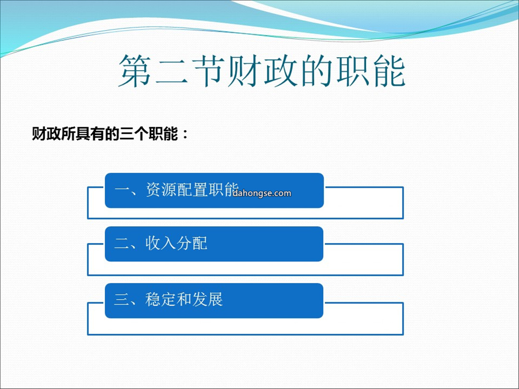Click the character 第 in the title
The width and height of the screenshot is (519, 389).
(x=135, y=71)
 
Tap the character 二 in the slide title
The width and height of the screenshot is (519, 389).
(x=171, y=71)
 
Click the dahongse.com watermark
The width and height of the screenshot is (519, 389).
(x=262, y=193)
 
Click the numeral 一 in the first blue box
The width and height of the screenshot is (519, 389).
(x=123, y=190)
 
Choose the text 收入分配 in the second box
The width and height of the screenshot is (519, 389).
(x=176, y=243)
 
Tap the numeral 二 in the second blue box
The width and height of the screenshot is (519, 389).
(x=123, y=244)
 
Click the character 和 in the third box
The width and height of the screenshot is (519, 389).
(x=185, y=299)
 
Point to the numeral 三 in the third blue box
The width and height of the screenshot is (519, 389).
(x=122, y=300)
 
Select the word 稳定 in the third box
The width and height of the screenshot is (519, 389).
(x=161, y=299)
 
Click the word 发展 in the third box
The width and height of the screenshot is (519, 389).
(x=208, y=299)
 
